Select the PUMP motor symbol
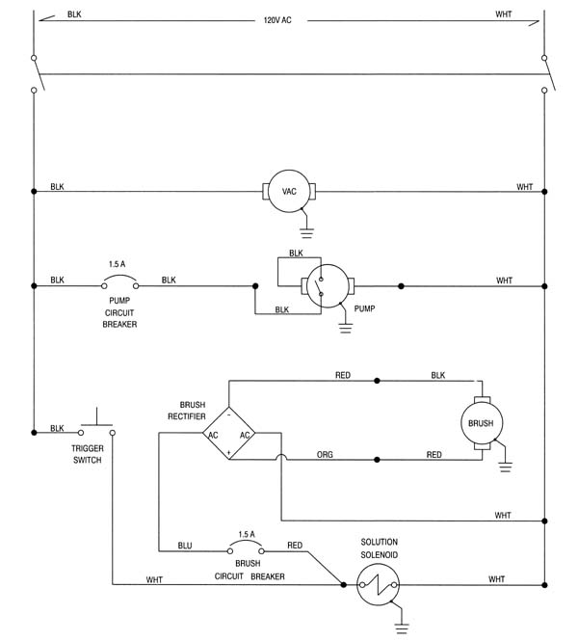(328, 285)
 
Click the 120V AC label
(277, 20)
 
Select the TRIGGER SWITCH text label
(88, 454)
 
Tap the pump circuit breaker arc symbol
(120, 278)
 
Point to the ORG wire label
(325, 455)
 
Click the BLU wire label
(185, 546)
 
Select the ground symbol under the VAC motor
(306, 233)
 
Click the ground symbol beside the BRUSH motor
(506, 467)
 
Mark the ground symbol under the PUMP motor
(346, 328)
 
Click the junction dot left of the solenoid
(344, 584)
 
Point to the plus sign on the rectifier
(228, 452)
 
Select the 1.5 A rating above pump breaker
(117, 264)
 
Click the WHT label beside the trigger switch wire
(154, 579)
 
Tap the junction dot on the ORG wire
(377, 460)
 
